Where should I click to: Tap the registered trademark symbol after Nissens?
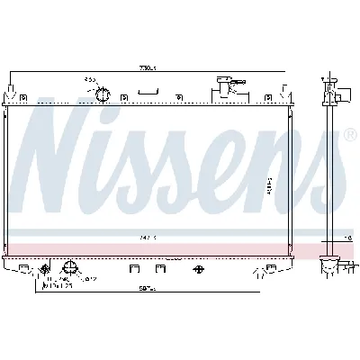click(347, 135)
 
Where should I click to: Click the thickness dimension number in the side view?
click(347, 238)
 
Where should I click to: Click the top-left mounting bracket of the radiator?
click(10, 90)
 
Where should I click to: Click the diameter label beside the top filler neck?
click(90, 79)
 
